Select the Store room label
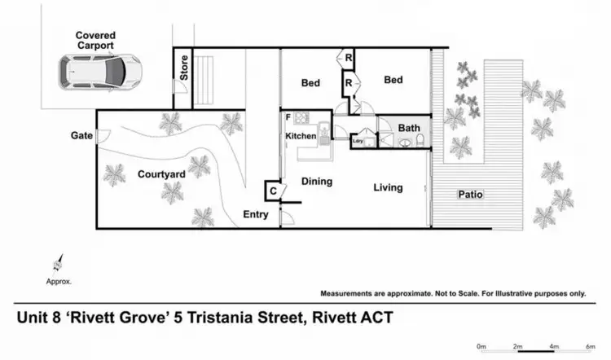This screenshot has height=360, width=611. [x=185, y=68]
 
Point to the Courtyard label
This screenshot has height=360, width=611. [x=161, y=173]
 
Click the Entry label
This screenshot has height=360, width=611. [x=257, y=214]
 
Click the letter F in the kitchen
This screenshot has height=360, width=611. [x=288, y=118]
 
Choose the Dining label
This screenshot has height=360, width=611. [x=316, y=182]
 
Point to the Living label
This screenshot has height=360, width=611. [x=388, y=187]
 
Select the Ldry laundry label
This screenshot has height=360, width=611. [x=356, y=141]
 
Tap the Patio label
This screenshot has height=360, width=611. [x=470, y=195]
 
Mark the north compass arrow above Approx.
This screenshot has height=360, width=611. [x=58, y=263]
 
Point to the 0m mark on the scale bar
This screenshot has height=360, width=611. [x=481, y=346]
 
